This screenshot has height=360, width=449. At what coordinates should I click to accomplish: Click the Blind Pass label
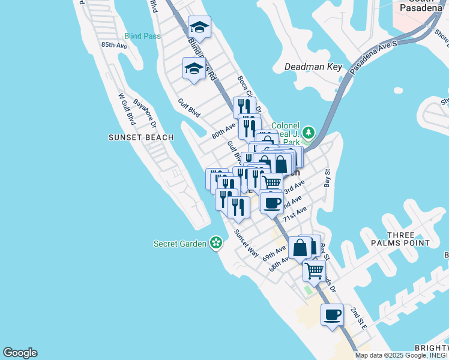[x=142, y=36]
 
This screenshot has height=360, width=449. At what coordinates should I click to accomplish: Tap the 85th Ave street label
[x=114, y=45]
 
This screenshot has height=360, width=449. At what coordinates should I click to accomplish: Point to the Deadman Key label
[x=312, y=67]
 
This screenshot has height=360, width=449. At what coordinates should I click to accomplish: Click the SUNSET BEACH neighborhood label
[x=141, y=137]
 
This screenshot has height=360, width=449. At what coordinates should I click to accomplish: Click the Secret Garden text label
[x=180, y=244]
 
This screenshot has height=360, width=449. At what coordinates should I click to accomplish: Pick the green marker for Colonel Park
[x=309, y=131]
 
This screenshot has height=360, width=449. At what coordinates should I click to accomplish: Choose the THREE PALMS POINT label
[x=400, y=239]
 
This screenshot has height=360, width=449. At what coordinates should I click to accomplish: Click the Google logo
[x=20, y=353]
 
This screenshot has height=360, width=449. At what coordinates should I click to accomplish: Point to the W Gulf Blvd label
[x=125, y=109]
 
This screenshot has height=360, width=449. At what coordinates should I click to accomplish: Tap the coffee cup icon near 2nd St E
[x=333, y=314]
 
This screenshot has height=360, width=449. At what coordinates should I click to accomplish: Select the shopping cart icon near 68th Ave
[x=315, y=271]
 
